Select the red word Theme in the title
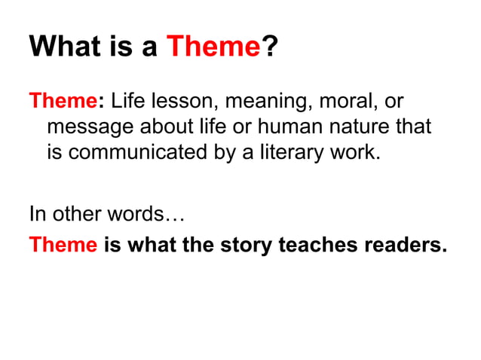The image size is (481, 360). tap(213, 47)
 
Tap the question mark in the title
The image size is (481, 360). tap(268, 47)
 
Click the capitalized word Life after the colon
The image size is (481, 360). tap(128, 100)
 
